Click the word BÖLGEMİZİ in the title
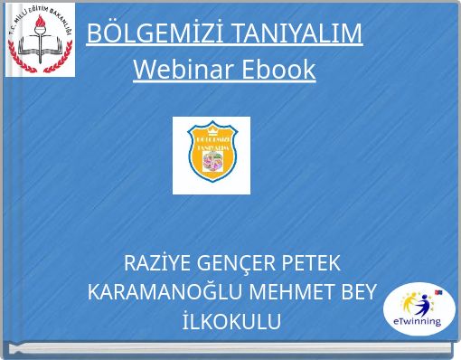tap(151, 33)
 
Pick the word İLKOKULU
tap(230, 322)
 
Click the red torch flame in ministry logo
tap(41, 26)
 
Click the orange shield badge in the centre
tap(212, 156)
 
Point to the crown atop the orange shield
tap(212, 127)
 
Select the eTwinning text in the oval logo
tap(419, 320)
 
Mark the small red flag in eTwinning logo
tap(438, 292)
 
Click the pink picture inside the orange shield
tap(212, 163)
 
